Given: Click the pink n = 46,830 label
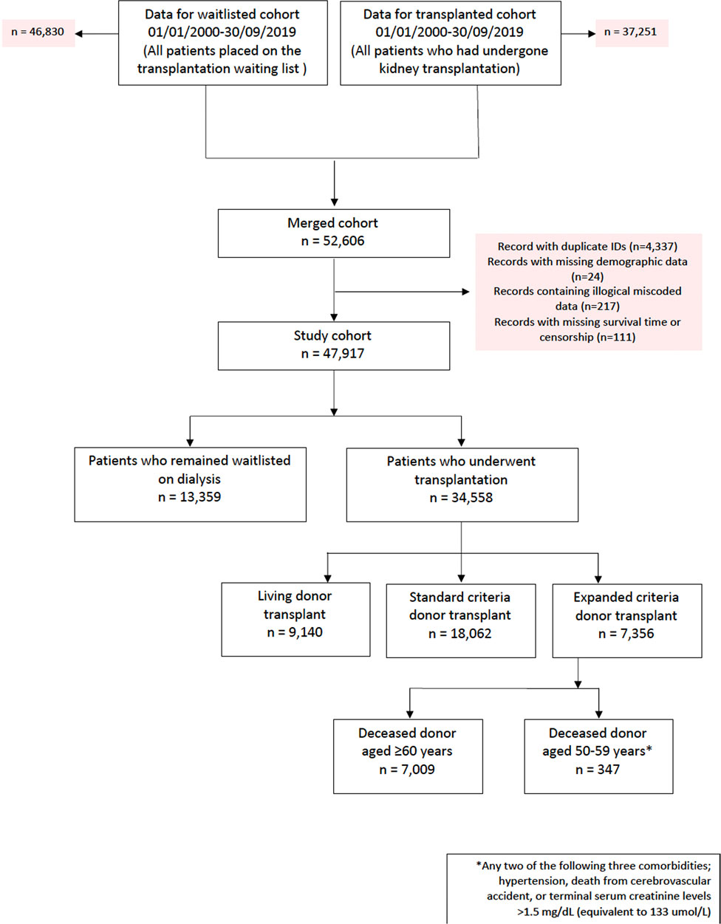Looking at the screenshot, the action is pyautogui.click(x=38, y=32).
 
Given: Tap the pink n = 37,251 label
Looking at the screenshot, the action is pyautogui.click(x=632, y=32).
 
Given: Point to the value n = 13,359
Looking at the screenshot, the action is pyautogui.click(x=190, y=496).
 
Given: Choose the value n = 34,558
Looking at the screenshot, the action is pyautogui.click(x=461, y=498).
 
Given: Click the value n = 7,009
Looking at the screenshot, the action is pyautogui.click(x=407, y=769).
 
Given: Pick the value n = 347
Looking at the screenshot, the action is pyautogui.click(x=598, y=769).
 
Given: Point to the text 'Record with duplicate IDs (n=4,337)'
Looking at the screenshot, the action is pyautogui.click(x=587, y=247).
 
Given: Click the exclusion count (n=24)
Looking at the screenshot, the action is pyautogui.click(x=587, y=277).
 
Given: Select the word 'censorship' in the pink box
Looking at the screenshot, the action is pyautogui.click(x=567, y=338).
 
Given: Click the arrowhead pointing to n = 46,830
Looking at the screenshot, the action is pyautogui.click(x=78, y=33).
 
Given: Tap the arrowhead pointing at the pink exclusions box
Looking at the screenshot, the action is pyautogui.click(x=466, y=292).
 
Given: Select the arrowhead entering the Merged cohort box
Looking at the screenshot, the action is pyautogui.click(x=334, y=202).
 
